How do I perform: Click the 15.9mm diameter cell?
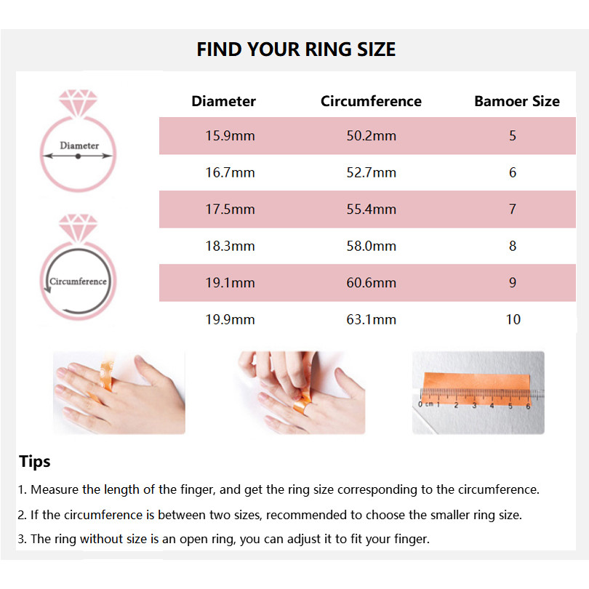click(x=230, y=135)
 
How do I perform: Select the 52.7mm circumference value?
click(x=371, y=172)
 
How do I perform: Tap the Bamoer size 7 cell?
click(x=513, y=209)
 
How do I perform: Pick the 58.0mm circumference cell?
click(x=371, y=246)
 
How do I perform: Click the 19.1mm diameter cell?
click(x=230, y=282)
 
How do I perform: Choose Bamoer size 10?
click(x=513, y=319)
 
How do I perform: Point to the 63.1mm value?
click(x=371, y=319)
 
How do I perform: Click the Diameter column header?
click(x=223, y=101)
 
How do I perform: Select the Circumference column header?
click(x=371, y=101)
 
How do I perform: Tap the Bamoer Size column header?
click(x=517, y=101)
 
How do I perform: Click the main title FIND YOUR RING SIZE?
click(x=296, y=49)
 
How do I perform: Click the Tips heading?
click(x=35, y=462)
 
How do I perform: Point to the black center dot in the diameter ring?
click(x=78, y=156)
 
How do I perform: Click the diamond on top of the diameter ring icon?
click(x=78, y=103)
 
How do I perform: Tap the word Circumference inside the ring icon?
click(x=78, y=281)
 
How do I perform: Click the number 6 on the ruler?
click(x=528, y=406)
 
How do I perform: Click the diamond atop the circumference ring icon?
click(x=78, y=228)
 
